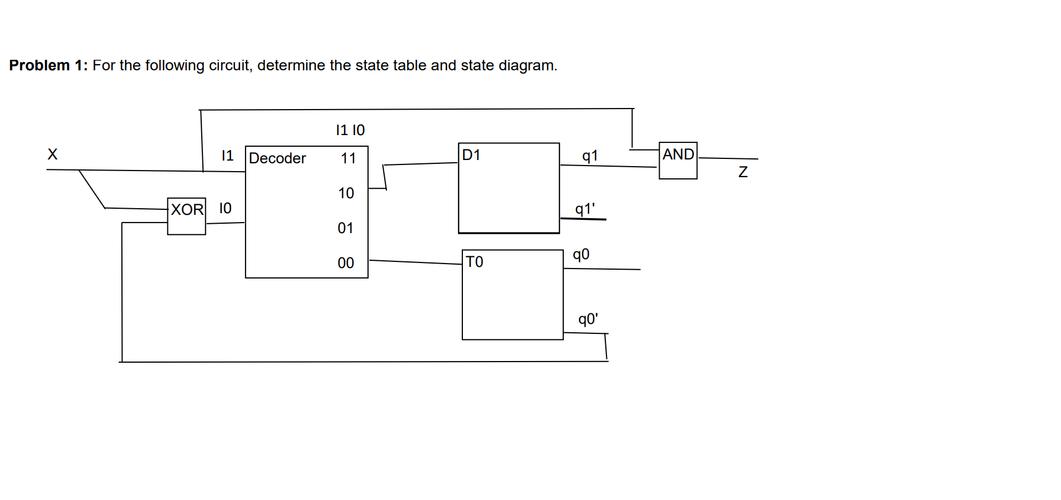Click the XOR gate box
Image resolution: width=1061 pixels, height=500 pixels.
[x=186, y=216]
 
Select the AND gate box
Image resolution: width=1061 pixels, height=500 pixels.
[x=677, y=161]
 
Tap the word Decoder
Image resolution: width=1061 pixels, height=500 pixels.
[x=277, y=158]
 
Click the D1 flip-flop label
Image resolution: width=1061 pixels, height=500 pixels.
[x=471, y=155]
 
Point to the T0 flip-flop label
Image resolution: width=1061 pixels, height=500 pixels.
[x=475, y=262]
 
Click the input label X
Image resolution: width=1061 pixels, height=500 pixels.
[x=53, y=154]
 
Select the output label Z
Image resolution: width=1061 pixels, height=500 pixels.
[x=743, y=172]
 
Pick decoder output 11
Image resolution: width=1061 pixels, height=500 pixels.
[x=348, y=158]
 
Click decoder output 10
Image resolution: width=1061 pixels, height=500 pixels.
[x=346, y=193]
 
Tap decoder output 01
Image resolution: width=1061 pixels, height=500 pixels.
[x=345, y=228]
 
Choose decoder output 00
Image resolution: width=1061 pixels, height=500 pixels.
[x=346, y=263]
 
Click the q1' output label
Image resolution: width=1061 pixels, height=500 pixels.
[x=585, y=209]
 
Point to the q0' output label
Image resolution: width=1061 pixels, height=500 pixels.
[x=588, y=319]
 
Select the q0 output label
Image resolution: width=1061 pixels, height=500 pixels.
[x=581, y=255]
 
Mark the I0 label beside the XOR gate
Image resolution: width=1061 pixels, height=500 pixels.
[x=225, y=208]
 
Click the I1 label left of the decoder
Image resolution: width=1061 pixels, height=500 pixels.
[x=227, y=156]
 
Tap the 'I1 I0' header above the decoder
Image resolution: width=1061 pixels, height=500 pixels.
[x=350, y=130]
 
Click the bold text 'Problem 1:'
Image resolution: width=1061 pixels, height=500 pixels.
[x=48, y=65]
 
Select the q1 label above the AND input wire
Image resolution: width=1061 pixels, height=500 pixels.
[x=590, y=156]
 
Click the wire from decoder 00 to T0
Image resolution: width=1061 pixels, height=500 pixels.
[x=416, y=262]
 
